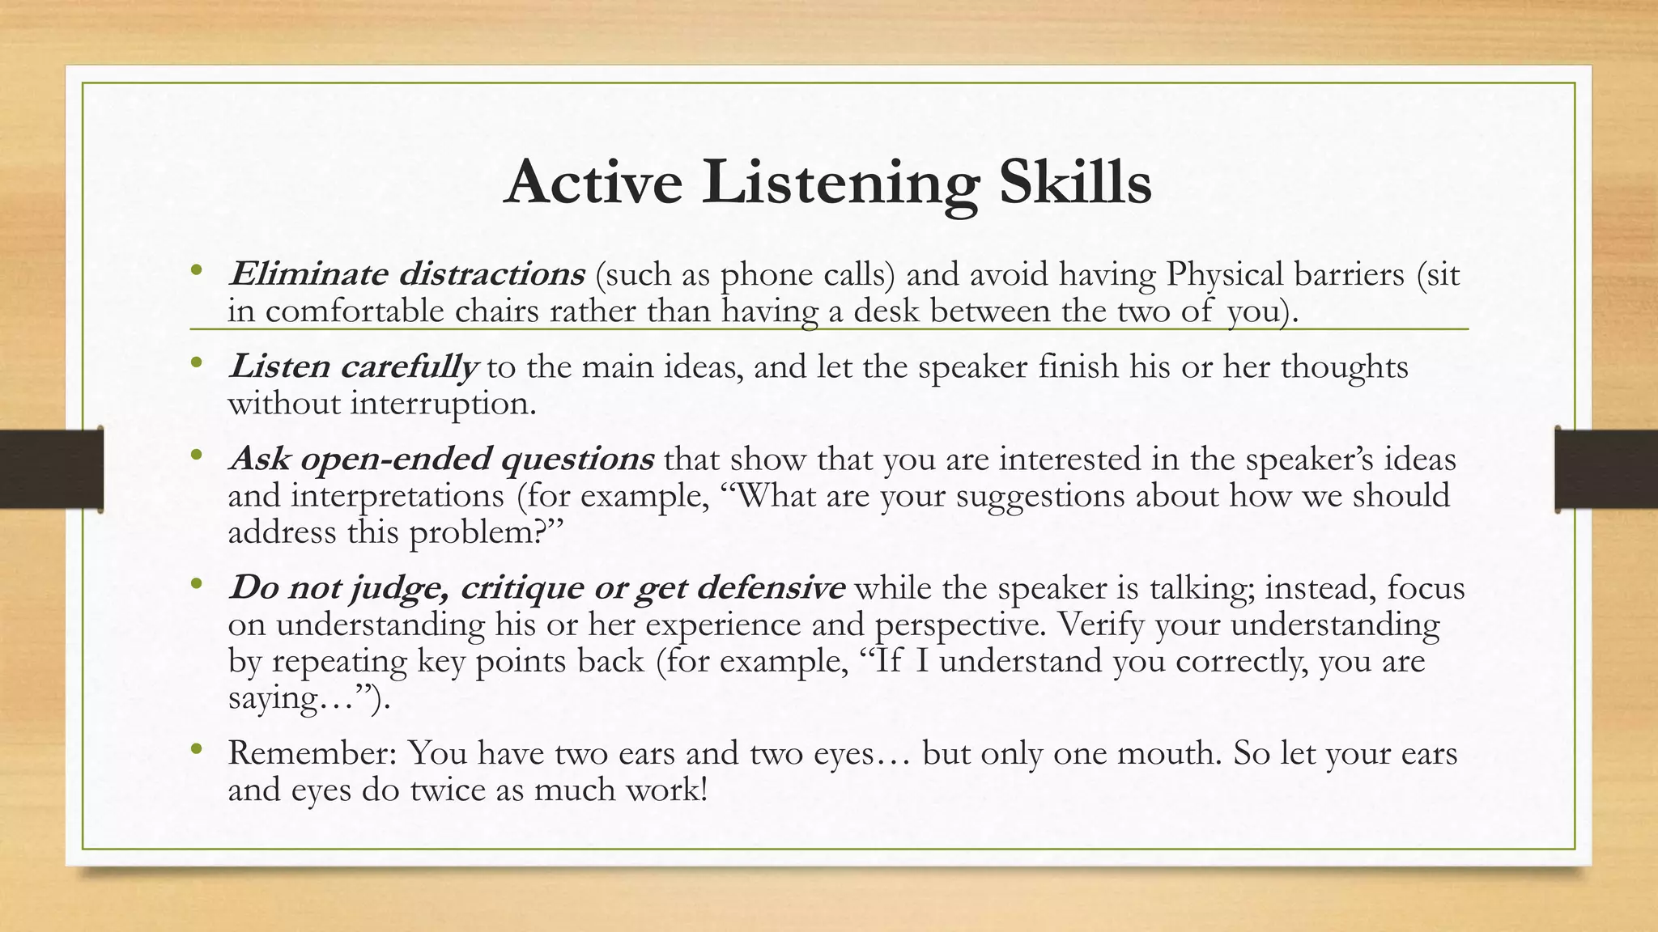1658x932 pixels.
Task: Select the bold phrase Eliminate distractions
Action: pos(406,275)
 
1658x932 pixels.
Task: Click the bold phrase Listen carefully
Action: pos(352,367)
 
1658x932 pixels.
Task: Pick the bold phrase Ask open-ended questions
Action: pos(442,460)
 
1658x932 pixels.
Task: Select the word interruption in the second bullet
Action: pos(443,404)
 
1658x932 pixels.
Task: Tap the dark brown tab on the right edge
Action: pos(1606,469)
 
